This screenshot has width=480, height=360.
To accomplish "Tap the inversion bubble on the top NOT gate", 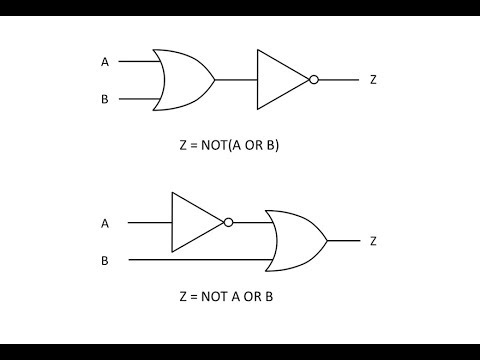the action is point(314,79).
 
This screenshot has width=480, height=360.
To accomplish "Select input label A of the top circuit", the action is point(105,62).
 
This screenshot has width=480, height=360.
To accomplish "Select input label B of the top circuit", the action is point(105,99).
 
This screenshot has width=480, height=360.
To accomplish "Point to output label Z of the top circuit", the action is point(373,79).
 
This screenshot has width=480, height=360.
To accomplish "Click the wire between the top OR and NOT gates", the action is point(236,79).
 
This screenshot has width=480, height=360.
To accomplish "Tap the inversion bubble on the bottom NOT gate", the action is point(228,222).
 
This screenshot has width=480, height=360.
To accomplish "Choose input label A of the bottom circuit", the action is point(105,222).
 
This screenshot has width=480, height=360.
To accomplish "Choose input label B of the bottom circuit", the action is point(105,260).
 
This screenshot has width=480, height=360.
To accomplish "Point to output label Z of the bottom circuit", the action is point(373,241).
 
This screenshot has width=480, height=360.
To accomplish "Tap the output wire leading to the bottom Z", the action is point(343,241).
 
